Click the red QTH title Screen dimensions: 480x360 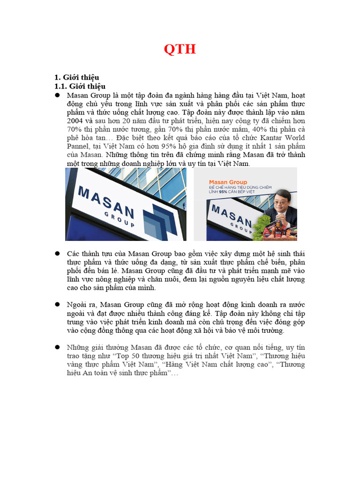coord(180,49)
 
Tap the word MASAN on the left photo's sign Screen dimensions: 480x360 coord(105,202)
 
